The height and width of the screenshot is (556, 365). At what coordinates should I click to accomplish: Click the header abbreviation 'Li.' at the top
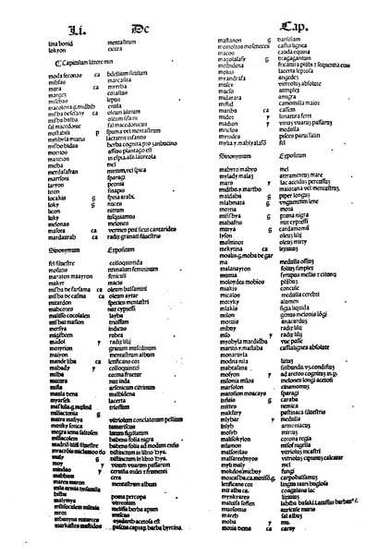pos(64,16)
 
